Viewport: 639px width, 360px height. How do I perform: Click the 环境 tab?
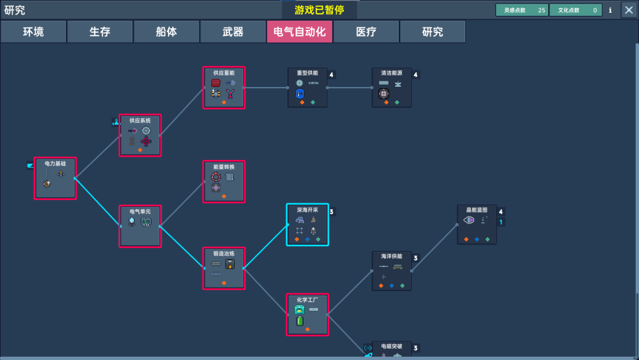coord(33,31)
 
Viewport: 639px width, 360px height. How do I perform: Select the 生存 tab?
coord(100,31)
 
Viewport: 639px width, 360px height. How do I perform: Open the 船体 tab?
coord(166,31)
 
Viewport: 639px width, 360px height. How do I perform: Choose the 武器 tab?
coord(233,31)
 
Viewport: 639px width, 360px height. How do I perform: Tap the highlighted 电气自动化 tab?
coord(299,31)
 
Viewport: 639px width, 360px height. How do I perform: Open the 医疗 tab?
coord(366,31)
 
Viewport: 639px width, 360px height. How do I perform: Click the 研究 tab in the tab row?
coord(432,31)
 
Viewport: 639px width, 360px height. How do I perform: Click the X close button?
coord(628,10)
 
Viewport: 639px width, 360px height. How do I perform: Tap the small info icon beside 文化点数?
coord(610,10)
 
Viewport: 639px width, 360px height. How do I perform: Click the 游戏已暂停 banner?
coord(319,10)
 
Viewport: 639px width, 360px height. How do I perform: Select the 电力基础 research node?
coord(55,178)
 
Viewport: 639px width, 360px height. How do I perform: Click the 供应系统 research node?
coord(140,135)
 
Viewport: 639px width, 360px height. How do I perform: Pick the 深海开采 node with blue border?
coord(307,224)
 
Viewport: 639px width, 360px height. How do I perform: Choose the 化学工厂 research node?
coord(307,314)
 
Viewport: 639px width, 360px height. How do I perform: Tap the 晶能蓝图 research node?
coord(477,224)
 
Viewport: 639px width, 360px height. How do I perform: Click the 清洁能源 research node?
coord(392,88)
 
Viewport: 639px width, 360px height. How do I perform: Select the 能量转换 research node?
coord(224,182)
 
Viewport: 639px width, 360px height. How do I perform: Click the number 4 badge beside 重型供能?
coord(332,75)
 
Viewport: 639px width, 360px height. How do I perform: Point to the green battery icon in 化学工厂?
coord(299,321)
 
